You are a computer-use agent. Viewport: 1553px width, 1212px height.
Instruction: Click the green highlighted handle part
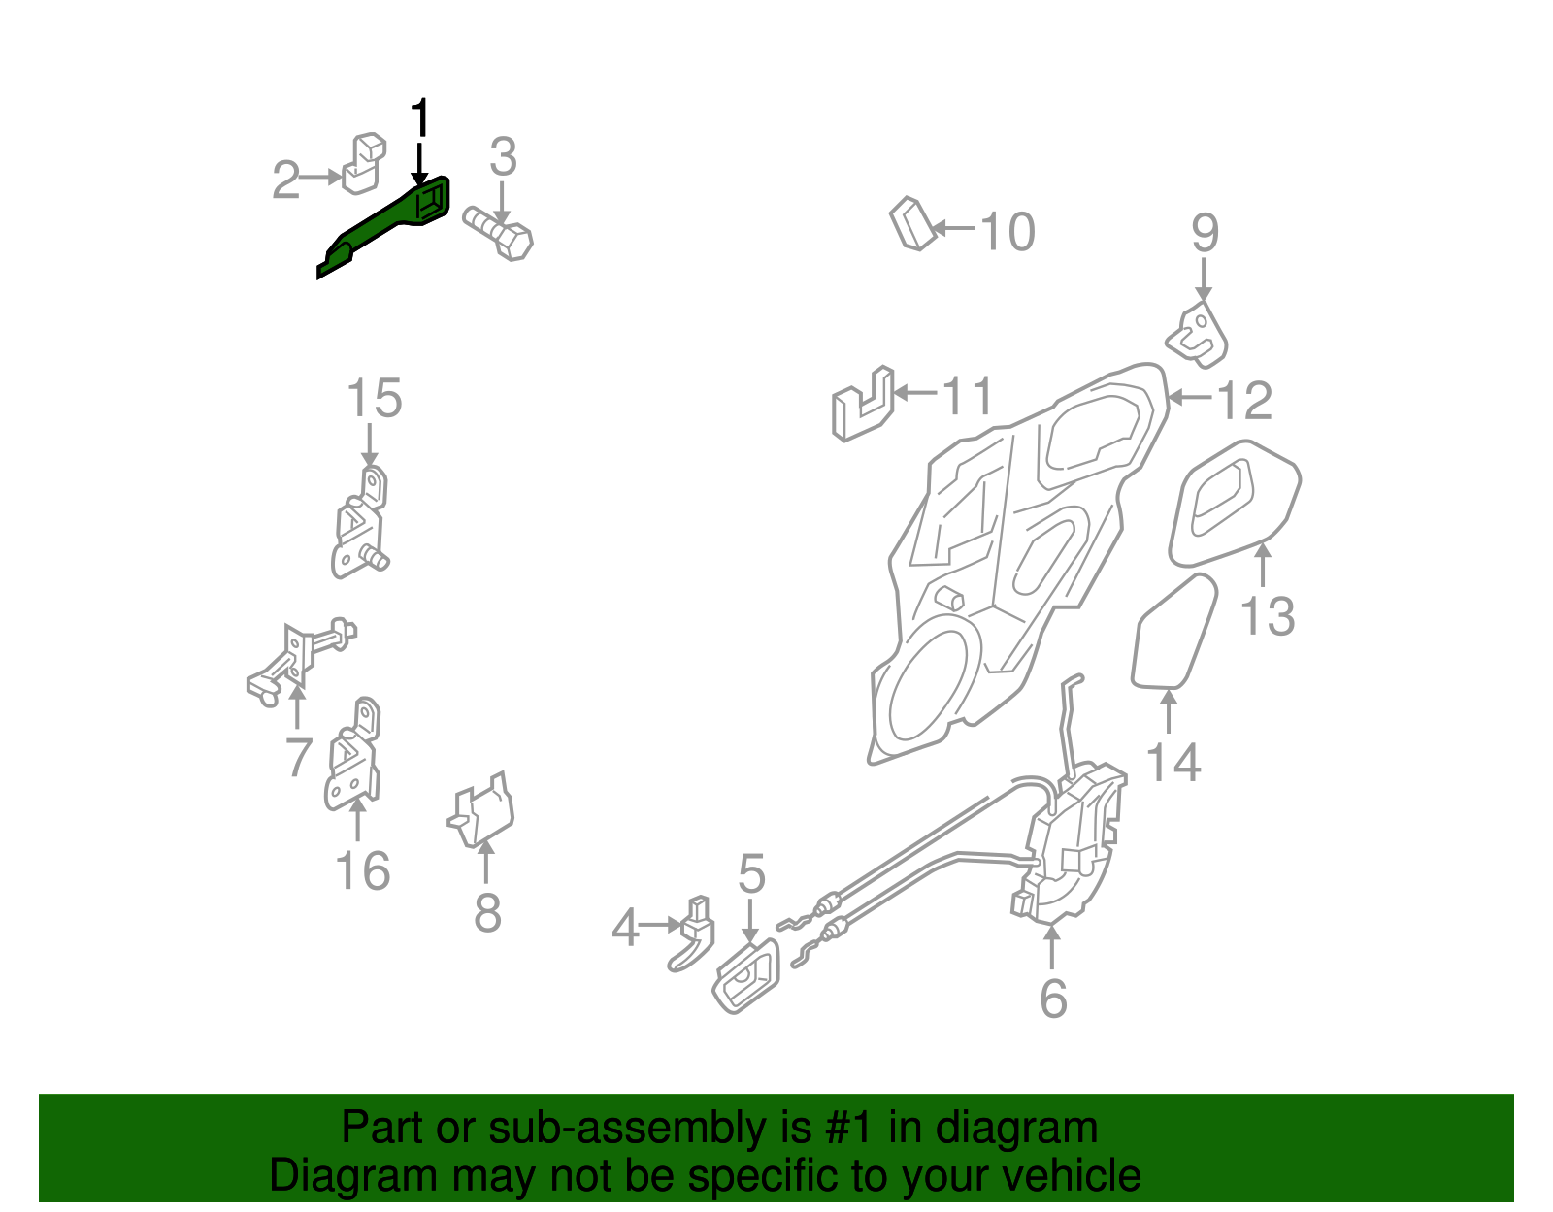coord(388,221)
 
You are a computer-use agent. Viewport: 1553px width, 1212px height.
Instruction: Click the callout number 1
coord(419,119)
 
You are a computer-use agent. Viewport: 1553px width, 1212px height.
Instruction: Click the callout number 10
coord(1008,232)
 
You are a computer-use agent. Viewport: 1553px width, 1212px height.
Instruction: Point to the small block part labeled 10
coord(910,224)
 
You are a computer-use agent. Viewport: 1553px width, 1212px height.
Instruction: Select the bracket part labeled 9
coord(1198,336)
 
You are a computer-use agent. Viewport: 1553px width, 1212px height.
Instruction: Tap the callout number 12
coord(1243,400)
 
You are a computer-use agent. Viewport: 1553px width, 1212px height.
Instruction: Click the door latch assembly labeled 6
coord(1073,844)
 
